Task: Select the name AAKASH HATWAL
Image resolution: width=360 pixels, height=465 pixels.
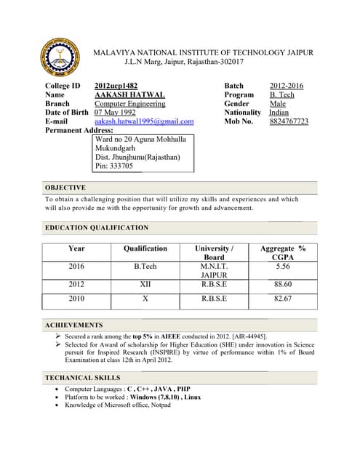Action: [129, 95]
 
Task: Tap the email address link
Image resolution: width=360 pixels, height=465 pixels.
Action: [144, 121]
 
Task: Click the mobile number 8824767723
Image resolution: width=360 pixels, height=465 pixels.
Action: [289, 121]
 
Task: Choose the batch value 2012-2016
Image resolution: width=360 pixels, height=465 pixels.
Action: [286, 86]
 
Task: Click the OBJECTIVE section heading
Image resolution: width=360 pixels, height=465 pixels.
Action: [65, 187]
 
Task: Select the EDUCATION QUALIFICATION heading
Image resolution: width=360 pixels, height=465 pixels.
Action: [97, 228]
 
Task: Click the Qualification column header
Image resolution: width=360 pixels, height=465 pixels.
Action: [145, 248]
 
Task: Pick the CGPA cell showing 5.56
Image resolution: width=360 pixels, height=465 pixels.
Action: [283, 267]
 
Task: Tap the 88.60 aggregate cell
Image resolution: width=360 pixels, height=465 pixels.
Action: [283, 285]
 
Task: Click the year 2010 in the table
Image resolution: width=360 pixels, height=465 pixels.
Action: [76, 298]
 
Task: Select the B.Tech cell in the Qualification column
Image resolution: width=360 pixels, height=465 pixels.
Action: [145, 267]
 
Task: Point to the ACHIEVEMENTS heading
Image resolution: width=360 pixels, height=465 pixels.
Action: [74, 325]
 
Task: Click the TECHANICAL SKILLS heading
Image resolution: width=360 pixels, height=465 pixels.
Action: [83, 378]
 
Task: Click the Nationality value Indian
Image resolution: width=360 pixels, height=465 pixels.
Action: [279, 113]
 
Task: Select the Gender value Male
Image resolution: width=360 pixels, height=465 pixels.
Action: [278, 104]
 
